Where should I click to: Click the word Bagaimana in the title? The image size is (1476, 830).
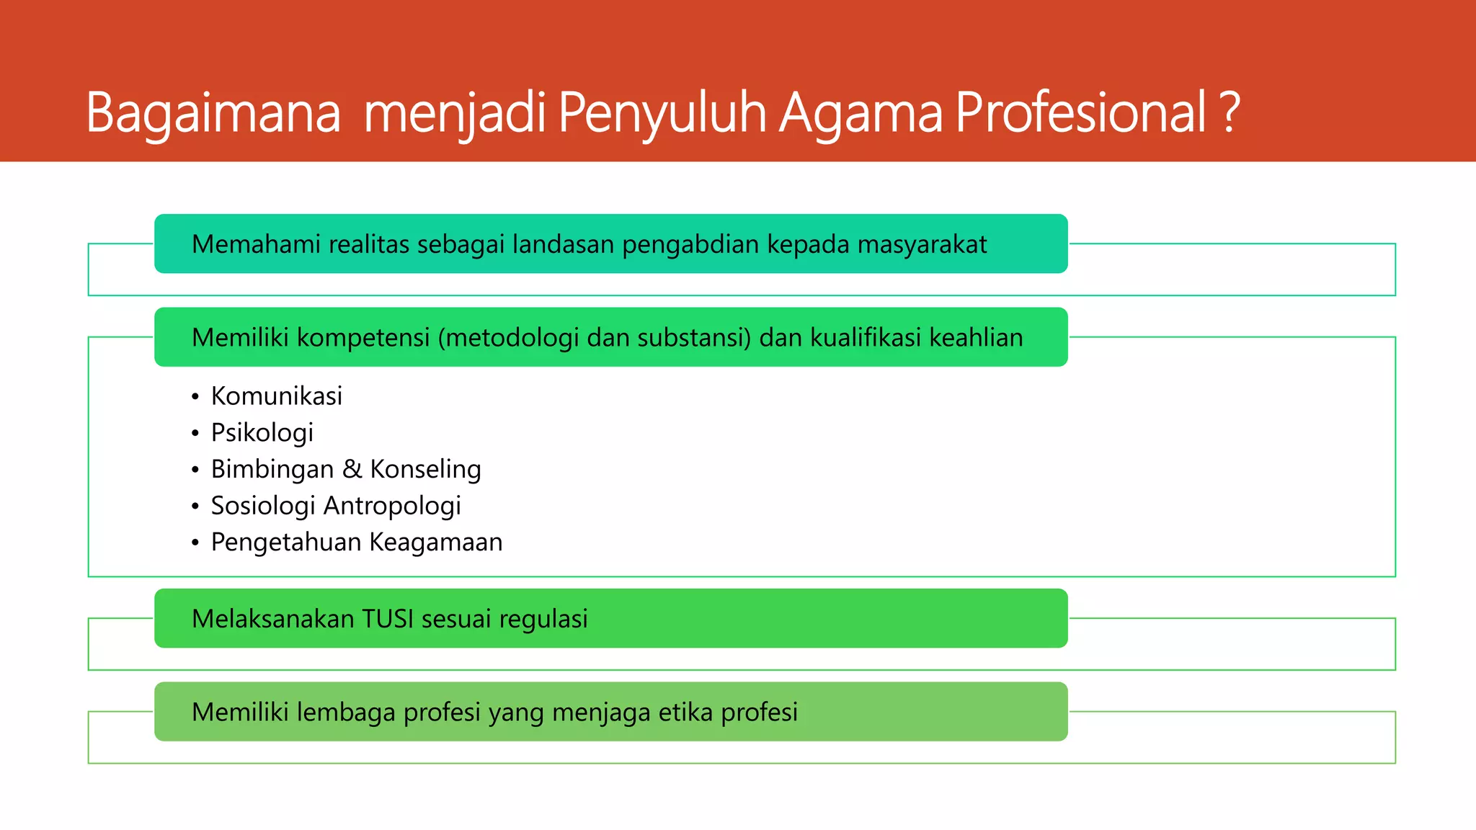coord(213,113)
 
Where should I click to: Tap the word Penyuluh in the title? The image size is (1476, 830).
coord(662,113)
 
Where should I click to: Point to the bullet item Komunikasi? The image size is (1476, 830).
coord(276,396)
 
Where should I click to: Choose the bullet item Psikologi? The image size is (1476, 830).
coord(262,433)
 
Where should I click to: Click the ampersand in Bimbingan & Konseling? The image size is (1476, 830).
coord(352,469)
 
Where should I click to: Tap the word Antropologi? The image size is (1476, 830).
coord(392,506)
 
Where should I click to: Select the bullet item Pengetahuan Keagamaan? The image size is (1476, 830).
coord(356,543)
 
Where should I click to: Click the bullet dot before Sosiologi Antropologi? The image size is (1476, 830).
coord(195,507)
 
